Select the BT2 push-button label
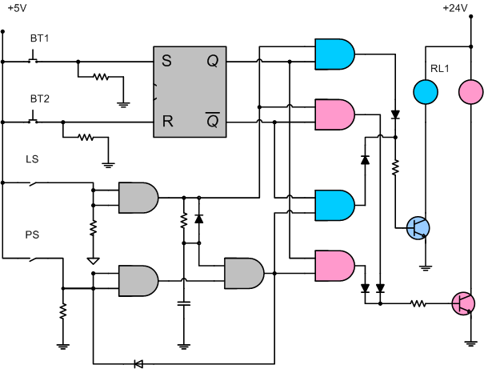39,98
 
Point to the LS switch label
33,159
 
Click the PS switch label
33,236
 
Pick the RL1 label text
440,69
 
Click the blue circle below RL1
425,92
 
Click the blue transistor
418,228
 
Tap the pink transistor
462,303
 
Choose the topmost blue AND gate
334,54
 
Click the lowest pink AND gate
334,265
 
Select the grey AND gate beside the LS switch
137,196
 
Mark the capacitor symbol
184,303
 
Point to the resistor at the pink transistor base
418,303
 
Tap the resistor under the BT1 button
100,78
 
